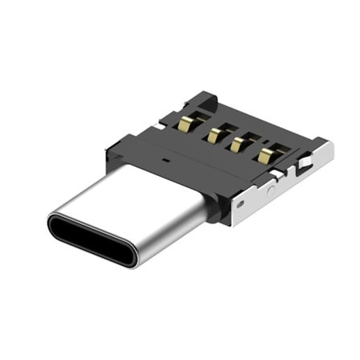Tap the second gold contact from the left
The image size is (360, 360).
(213, 133)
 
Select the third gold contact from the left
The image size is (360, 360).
(238, 143)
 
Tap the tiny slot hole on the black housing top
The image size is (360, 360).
(164, 159)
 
